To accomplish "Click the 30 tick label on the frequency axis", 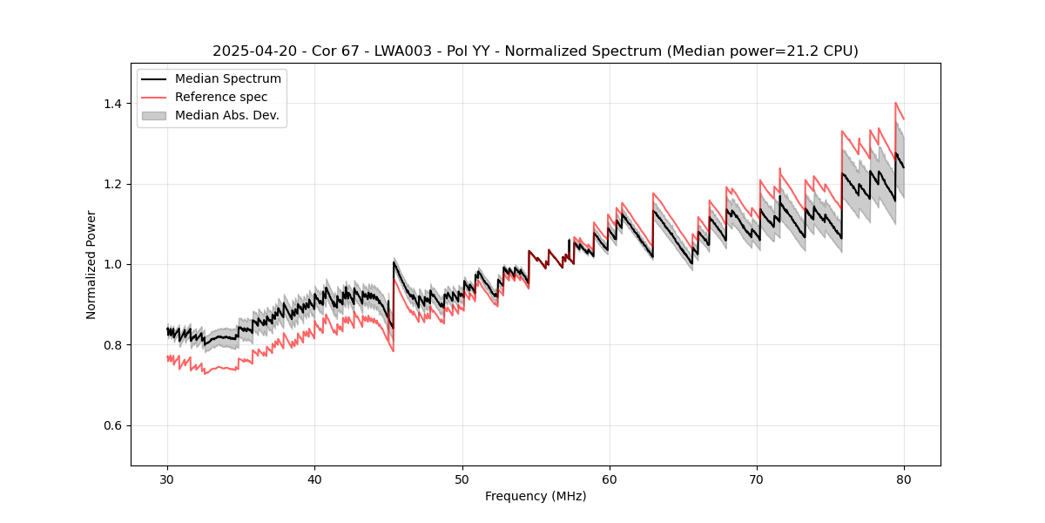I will [x=167, y=479].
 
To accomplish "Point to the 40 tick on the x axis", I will [x=314, y=479].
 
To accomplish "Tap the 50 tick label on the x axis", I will [x=462, y=479].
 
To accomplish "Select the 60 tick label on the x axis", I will [x=609, y=479].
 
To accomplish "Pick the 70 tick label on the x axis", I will [x=756, y=479].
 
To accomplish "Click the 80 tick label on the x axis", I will [x=903, y=479].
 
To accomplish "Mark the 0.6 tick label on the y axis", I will [x=114, y=425].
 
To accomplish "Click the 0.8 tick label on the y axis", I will [x=114, y=345].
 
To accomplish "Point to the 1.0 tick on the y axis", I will [x=114, y=264].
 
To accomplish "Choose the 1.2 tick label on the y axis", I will [x=114, y=184].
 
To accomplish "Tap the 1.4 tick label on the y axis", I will [x=114, y=104].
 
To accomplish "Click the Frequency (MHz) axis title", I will [x=536, y=497].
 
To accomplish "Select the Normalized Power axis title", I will [x=91, y=264].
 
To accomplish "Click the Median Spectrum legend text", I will [x=227, y=79].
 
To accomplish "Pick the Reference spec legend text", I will [x=221, y=97].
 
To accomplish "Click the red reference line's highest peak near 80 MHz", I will [x=895, y=103].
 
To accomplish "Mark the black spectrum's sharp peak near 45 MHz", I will [x=394, y=261].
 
